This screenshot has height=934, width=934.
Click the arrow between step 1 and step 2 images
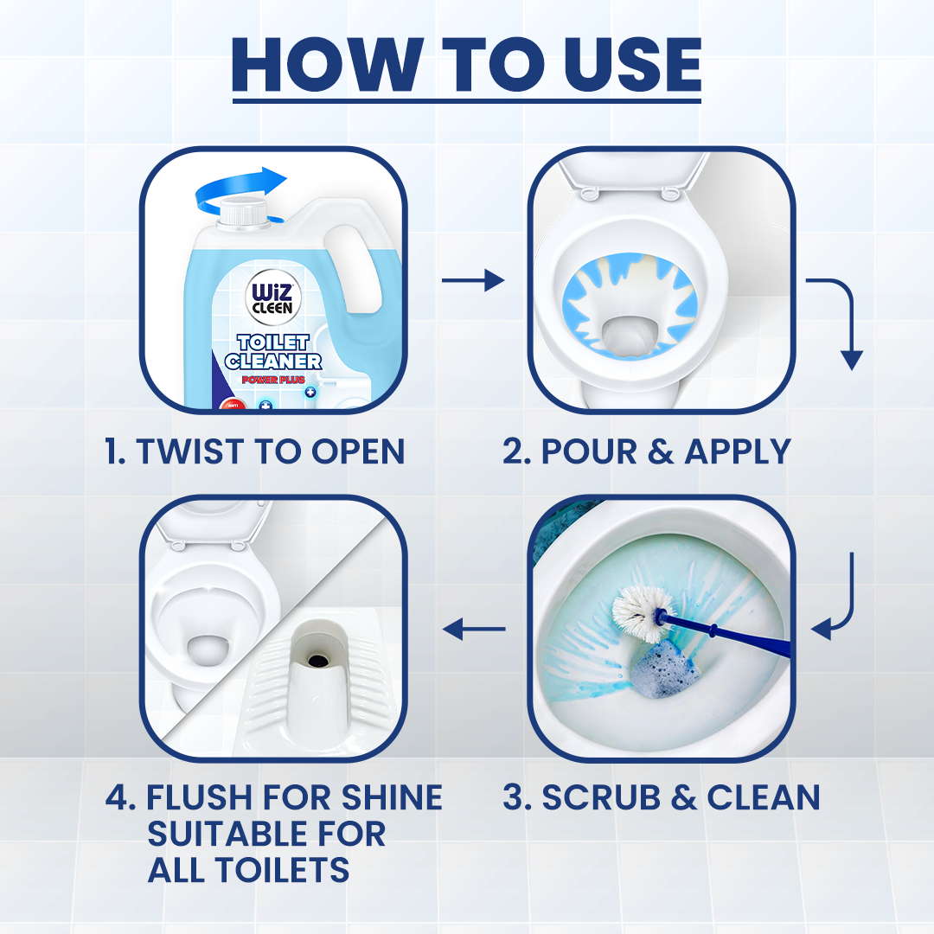pyautogui.click(x=472, y=280)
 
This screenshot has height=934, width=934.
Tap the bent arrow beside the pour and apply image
pyautogui.click(x=840, y=320)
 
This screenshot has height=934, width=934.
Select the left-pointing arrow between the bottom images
pyautogui.click(x=473, y=629)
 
